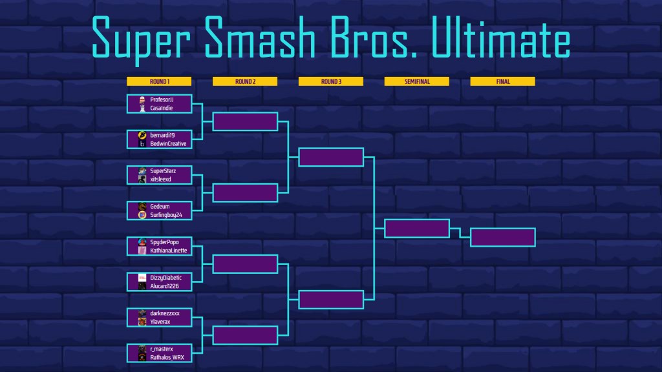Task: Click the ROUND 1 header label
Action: point(159,81)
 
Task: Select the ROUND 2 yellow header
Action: point(245,81)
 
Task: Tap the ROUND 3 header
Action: point(331,81)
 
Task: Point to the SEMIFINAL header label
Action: point(417,81)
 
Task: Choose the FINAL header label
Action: point(503,81)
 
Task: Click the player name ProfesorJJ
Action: point(162,99)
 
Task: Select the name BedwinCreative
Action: point(168,144)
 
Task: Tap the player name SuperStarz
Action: point(163,170)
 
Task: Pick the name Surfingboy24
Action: point(166,215)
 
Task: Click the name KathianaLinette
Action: point(169,251)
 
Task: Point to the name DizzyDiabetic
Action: point(166,278)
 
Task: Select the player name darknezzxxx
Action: point(165,313)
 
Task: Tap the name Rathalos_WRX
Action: point(167,358)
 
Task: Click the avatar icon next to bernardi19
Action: point(142,135)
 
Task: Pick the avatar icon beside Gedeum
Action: point(142,206)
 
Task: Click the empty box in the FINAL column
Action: point(503,238)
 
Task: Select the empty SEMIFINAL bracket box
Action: point(417,229)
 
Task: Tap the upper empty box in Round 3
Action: point(331,158)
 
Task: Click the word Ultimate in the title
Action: point(501,38)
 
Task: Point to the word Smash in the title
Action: point(260,38)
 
